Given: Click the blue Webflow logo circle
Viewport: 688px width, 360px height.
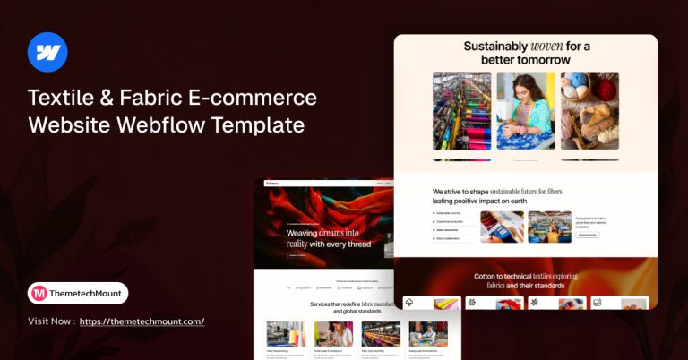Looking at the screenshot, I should coord(47,51).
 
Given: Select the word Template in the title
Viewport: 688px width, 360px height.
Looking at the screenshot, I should coord(259,124).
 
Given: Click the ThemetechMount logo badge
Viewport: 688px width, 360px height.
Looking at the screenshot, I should coord(78,293).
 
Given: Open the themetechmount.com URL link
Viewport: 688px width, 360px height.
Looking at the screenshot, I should coord(142,321).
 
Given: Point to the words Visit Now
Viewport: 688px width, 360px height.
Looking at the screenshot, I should coord(50,321).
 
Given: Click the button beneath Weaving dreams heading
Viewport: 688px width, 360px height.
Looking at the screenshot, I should coord(297,255).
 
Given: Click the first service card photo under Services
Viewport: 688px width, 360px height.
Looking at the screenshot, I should coord(286,334).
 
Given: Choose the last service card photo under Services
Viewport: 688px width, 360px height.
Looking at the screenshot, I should coord(427,334).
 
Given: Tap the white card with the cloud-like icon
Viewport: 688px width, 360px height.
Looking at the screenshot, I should coord(432,304).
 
